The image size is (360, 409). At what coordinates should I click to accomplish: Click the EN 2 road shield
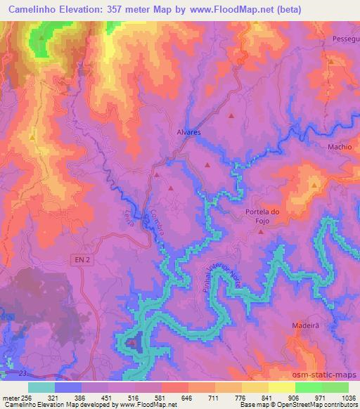pyautogui.click(x=83, y=260)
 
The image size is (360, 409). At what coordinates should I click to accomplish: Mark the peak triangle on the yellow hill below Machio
pyautogui.click(x=314, y=184)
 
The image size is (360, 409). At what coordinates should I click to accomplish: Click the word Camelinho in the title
pyautogui.click(x=39, y=9)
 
